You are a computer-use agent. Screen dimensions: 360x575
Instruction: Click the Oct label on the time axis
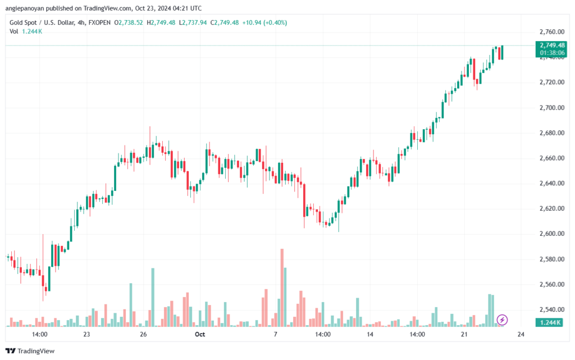(x=199, y=334)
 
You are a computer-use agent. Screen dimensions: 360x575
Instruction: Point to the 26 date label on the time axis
(x=143, y=334)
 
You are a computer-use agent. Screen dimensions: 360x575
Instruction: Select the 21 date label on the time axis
(x=464, y=334)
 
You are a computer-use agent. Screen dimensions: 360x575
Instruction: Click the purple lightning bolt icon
(x=503, y=320)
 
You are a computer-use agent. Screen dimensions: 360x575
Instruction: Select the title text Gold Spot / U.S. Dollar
(x=43, y=22)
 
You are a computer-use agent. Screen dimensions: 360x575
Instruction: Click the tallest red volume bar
(x=282, y=286)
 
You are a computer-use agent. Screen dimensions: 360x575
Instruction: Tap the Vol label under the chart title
(x=14, y=31)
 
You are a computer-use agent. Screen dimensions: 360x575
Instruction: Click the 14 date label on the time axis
(x=370, y=334)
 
